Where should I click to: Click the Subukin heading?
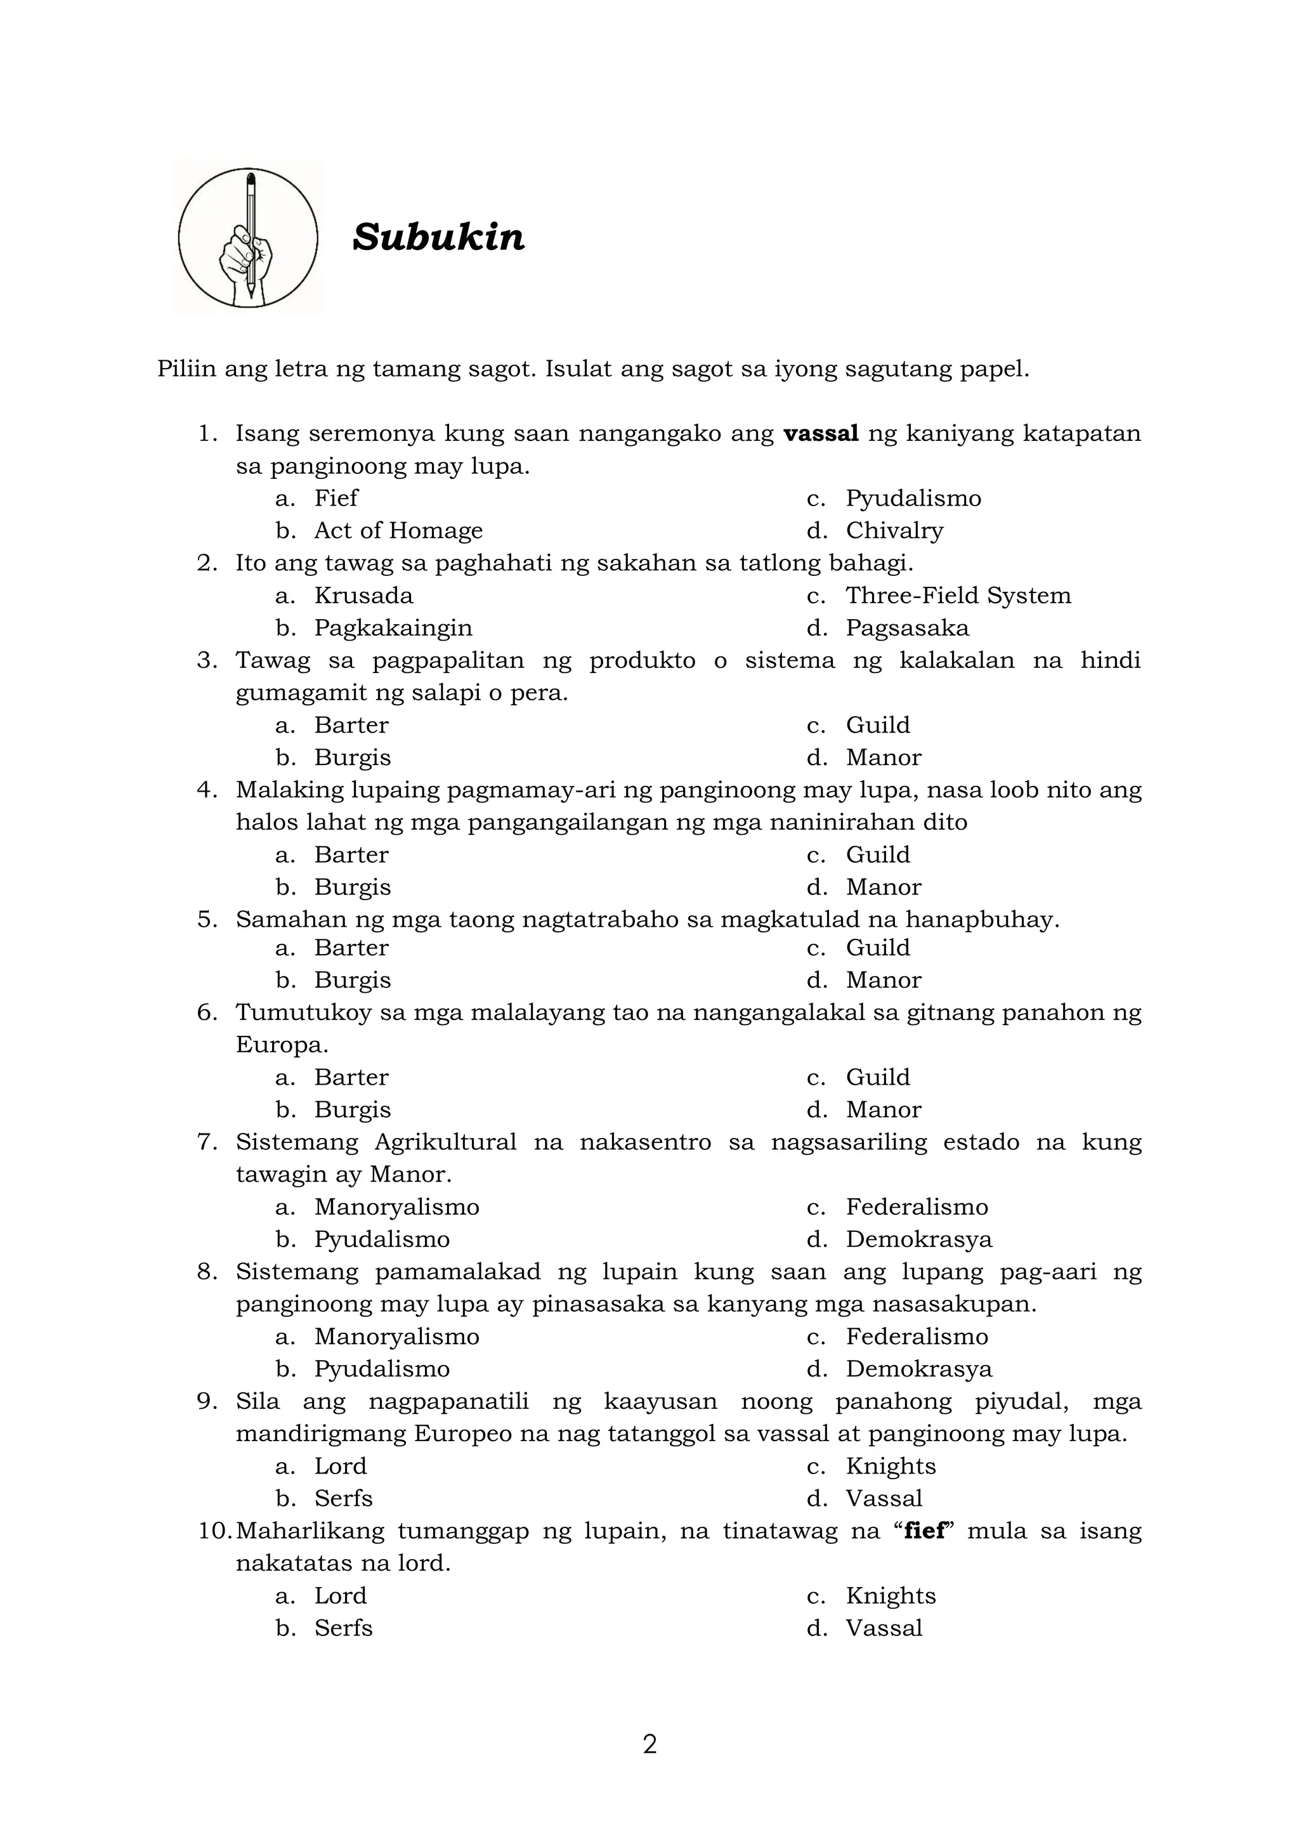tap(438, 238)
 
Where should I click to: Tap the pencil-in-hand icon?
tap(248, 238)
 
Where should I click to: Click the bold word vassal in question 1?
tap(821, 434)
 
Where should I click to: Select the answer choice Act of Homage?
tap(398, 530)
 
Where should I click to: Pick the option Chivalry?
tap(894, 530)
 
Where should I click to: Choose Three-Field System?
tap(958, 595)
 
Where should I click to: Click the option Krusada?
tap(364, 595)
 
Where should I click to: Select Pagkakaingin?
tap(393, 628)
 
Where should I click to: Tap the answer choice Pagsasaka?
tap(907, 628)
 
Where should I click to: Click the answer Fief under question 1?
tap(336, 499)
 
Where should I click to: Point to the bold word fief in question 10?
tap(925, 1531)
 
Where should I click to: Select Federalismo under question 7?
tap(917, 1206)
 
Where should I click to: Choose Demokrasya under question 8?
tap(918, 1369)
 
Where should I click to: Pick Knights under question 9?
tap(891, 1466)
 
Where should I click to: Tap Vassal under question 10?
tap(884, 1628)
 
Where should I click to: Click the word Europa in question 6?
tap(281, 1045)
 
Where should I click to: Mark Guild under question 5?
tap(877, 947)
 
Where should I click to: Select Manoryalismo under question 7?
tap(396, 1206)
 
